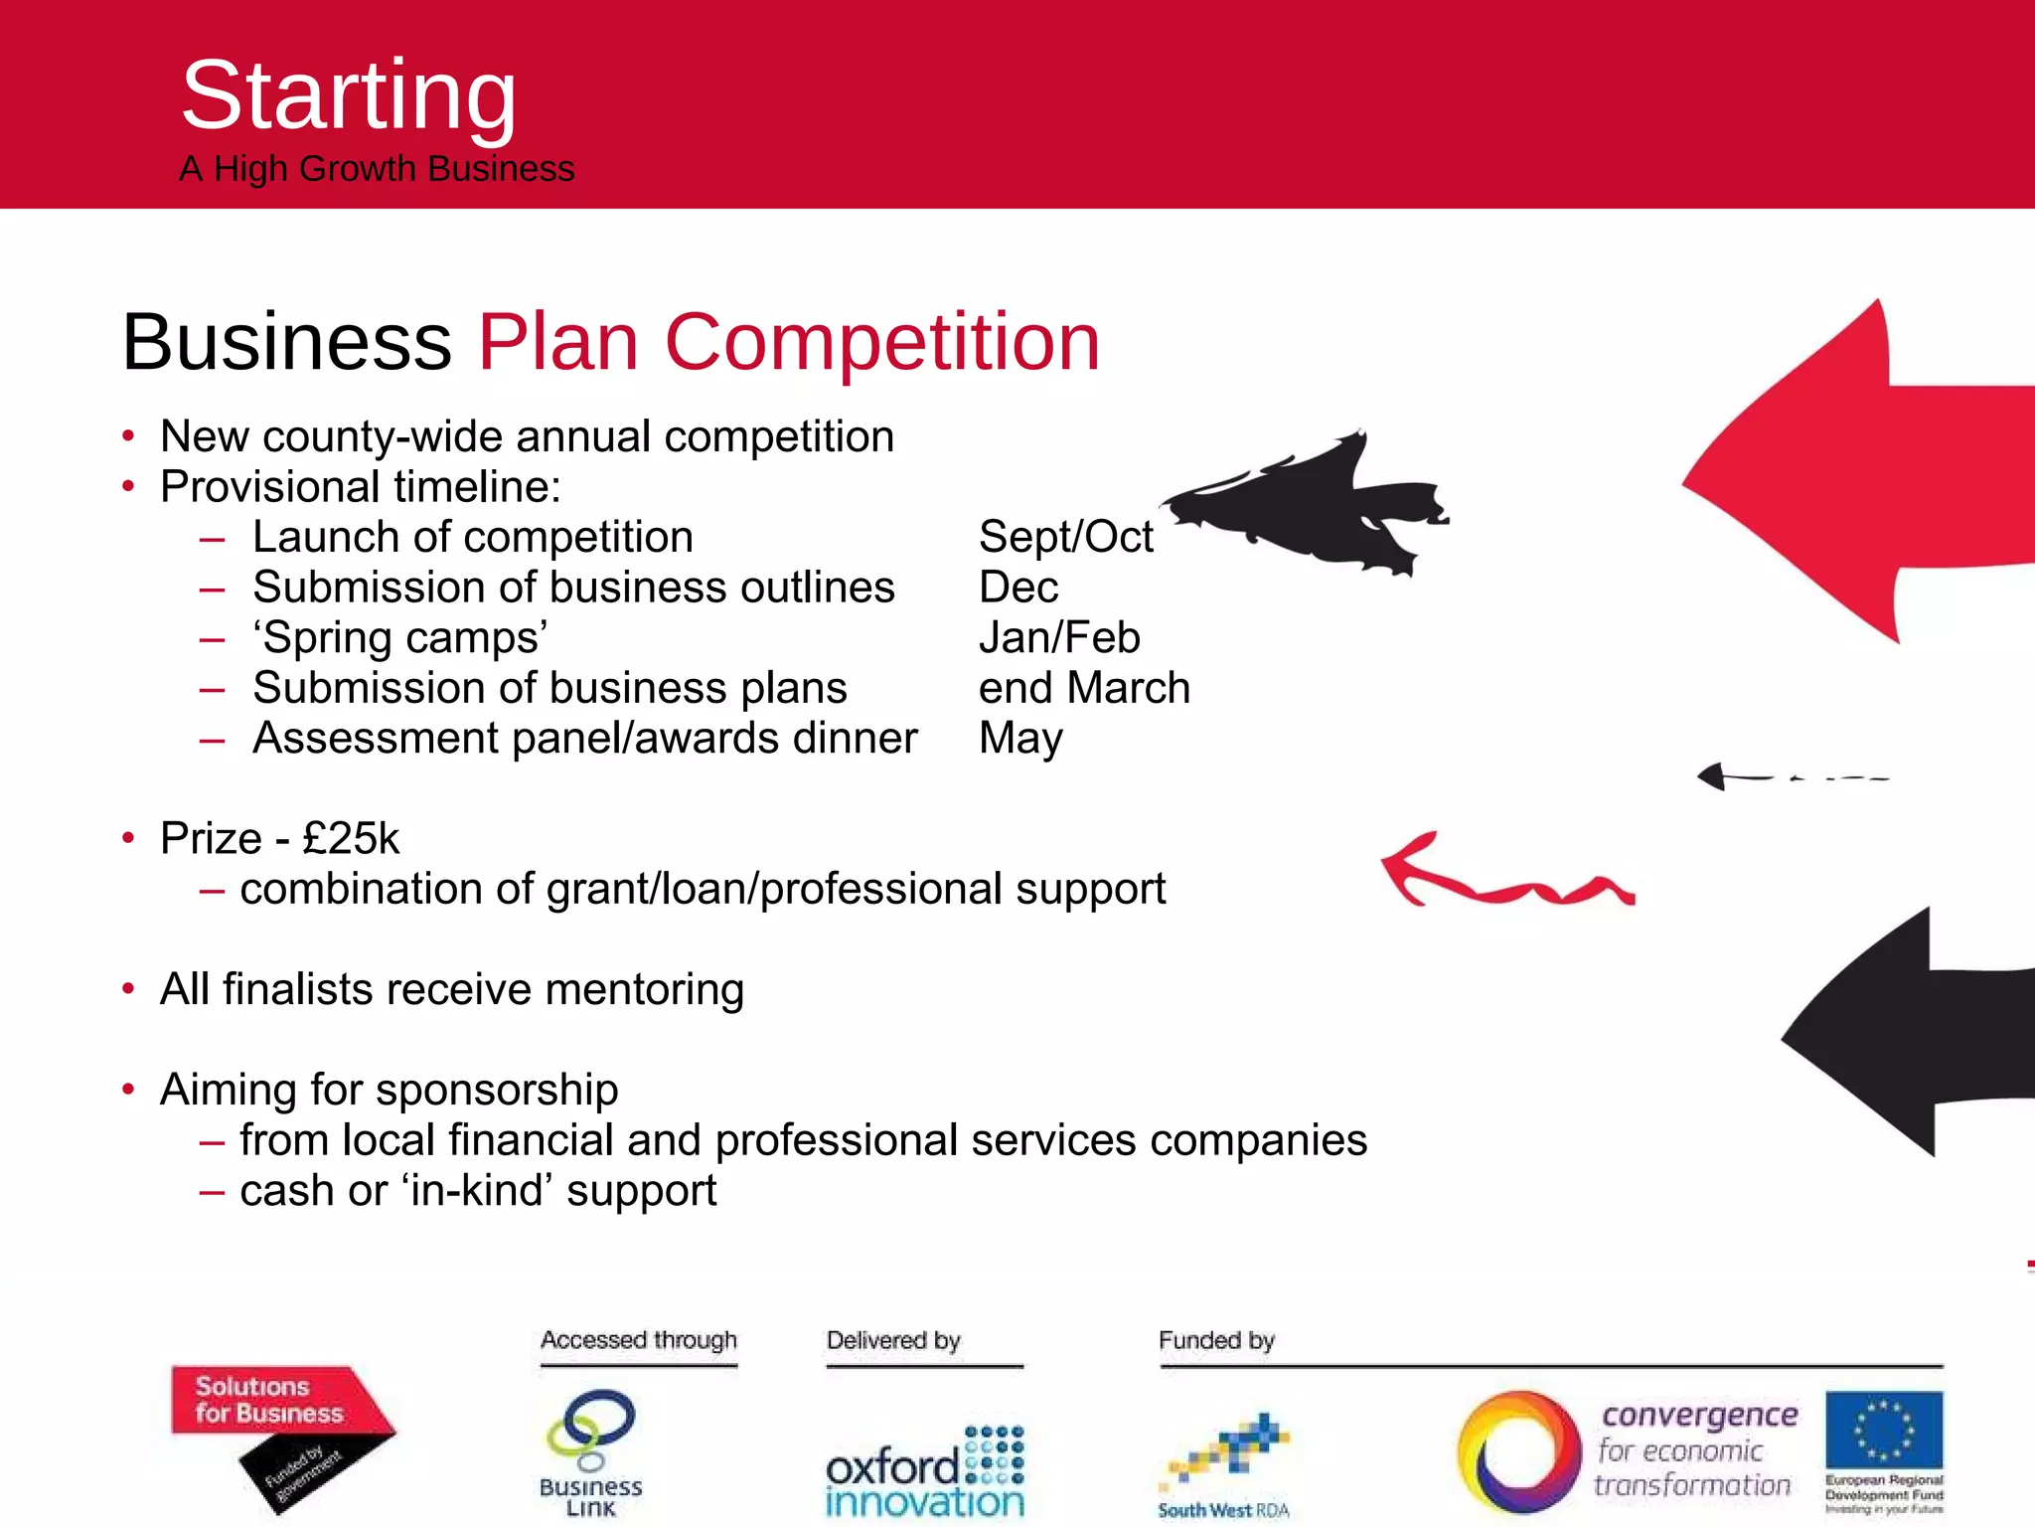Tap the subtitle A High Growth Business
click(377, 169)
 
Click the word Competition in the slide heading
click(881, 342)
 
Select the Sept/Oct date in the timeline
click(1065, 538)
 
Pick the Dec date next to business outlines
click(1017, 588)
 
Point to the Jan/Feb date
click(1059, 638)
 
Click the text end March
click(1084, 688)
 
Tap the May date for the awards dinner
click(1020, 739)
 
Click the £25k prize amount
click(350, 839)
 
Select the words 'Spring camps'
click(399, 638)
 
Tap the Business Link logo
click(591, 1451)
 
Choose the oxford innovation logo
click(924, 1471)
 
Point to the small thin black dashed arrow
click(1789, 776)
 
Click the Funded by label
click(1216, 1340)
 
